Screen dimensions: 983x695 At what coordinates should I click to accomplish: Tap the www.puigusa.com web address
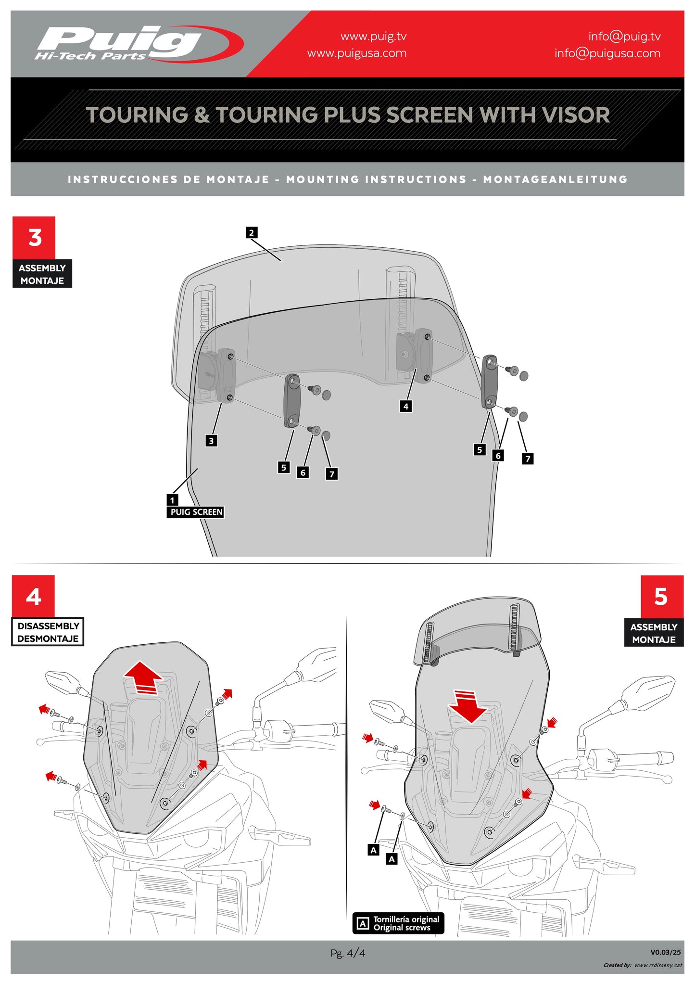pos(356,53)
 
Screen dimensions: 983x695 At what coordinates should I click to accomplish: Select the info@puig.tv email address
pos(624,37)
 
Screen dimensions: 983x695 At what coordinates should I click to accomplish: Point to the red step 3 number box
pos(34,238)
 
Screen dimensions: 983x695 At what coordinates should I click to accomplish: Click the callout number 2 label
pos(251,233)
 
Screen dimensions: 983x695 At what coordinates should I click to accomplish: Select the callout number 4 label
pos(406,407)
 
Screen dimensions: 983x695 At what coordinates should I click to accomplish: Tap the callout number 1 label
pos(172,500)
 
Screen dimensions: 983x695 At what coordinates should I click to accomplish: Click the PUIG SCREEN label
pos(196,512)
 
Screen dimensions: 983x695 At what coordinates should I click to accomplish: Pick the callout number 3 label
pos(211,441)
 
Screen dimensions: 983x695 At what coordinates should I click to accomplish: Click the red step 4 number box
pos(33,597)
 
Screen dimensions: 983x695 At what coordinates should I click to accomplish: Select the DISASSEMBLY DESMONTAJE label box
pos(48,632)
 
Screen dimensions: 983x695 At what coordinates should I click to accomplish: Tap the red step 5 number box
pos(661,597)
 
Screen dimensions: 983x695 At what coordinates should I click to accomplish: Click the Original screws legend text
pos(402,928)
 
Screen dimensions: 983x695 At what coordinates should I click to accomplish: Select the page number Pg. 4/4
pos(347,953)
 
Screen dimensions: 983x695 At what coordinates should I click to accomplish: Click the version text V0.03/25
pos(665,952)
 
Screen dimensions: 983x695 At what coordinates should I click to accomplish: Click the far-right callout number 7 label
pos(528,459)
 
